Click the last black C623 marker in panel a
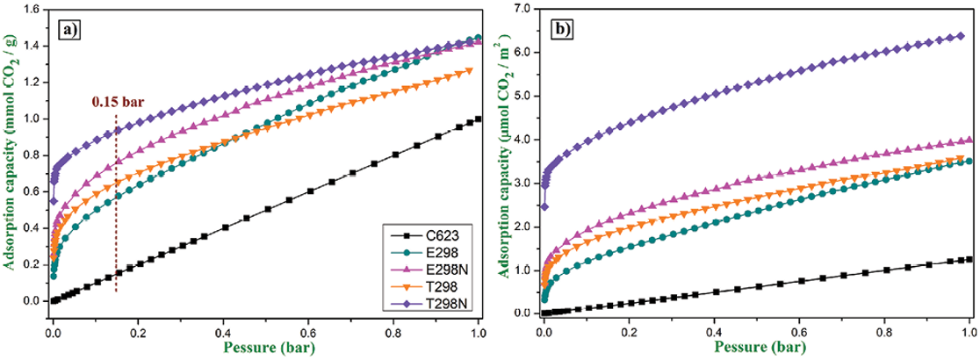478,119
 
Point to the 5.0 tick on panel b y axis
524,96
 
